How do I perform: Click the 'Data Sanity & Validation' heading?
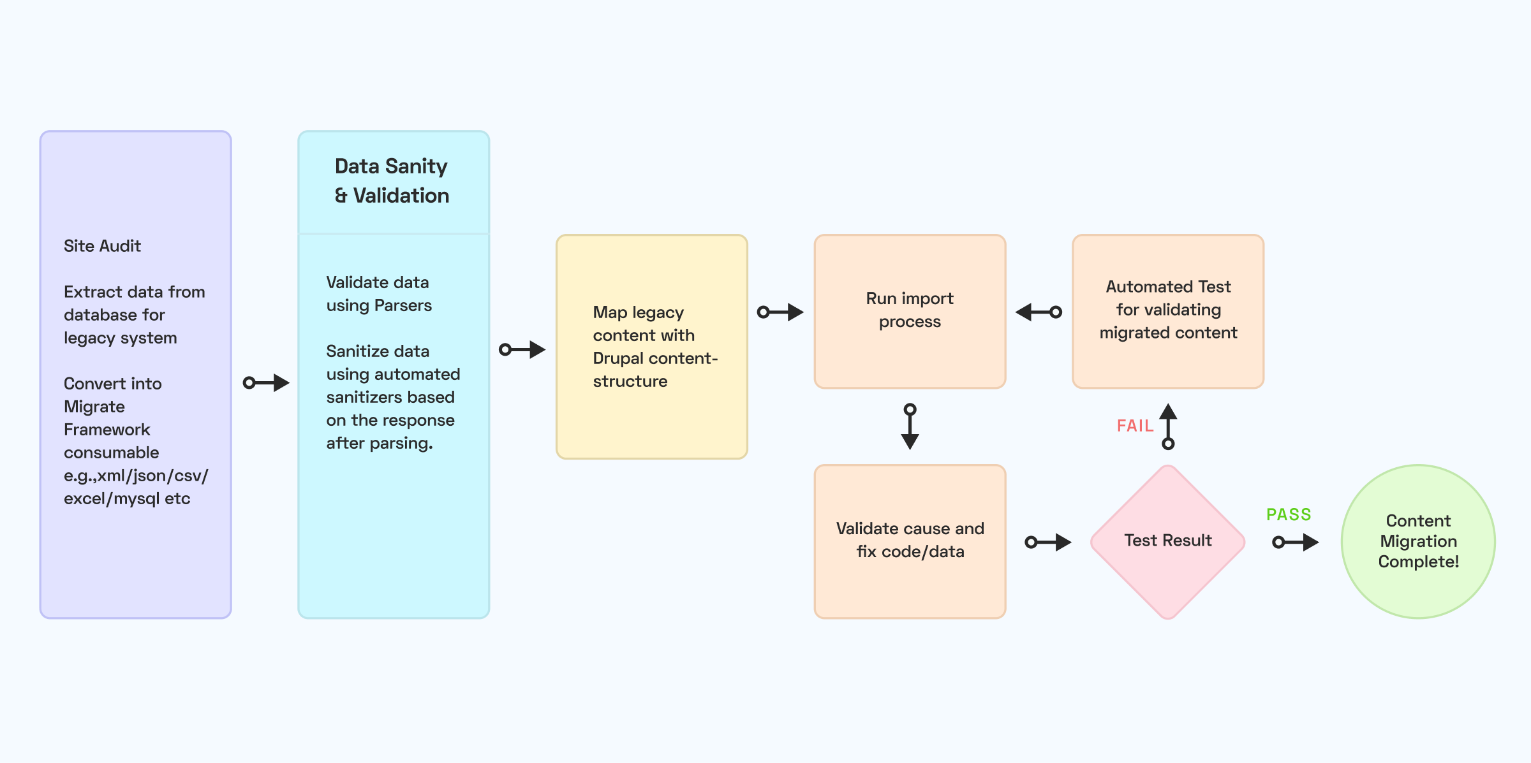click(x=392, y=181)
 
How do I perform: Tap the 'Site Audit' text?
click(x=102, y=246)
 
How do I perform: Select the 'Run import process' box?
click(x=910, y=312)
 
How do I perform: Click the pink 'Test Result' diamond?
click(x=1168, y=542)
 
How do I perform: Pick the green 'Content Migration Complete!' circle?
click(x=1418, y=542)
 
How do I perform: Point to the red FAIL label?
click(x=1135, y=426)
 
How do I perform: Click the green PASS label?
click(x=1289, y=514)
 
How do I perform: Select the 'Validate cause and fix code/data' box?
click(x=910, y=542)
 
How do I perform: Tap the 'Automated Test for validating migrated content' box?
click(x=1168, y=312)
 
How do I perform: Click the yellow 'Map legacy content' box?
click(x=652, y=347)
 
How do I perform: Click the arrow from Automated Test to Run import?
click(x=1039, y=312)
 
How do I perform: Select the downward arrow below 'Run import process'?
click(x=910, y=426)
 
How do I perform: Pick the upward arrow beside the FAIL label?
click(x=1168, y=426)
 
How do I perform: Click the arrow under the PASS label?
click(x=1296, y=542)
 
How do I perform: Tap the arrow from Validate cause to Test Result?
click(x=1048, y=542)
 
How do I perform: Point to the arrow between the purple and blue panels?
click(x=267, y=382)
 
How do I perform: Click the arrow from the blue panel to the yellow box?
click(x=522, y=349)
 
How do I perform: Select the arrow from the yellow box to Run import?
click(x=780, y=312)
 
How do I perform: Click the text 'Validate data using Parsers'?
click(x=379, y=294)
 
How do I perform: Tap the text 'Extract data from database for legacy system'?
click(x=134, y=315)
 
